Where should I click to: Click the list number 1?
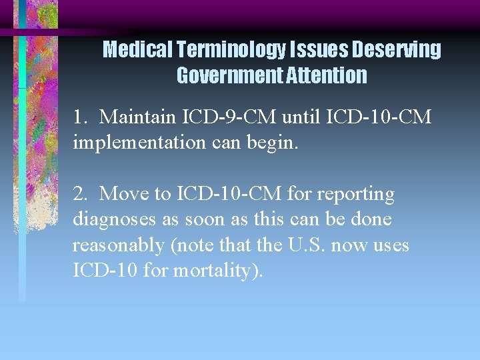[x=79, y=118]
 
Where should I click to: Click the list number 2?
[x=80, y=194]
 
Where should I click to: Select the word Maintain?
[x=136, y=118]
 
